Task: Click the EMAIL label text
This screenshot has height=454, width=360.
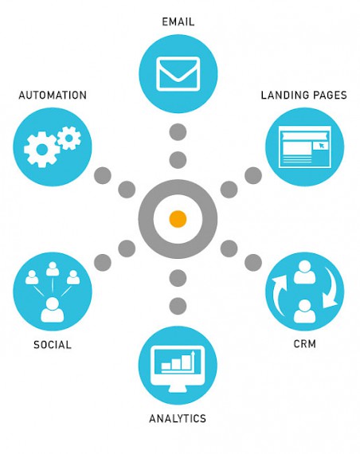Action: pos(178,22)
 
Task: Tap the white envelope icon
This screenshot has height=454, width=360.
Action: pos(178,74)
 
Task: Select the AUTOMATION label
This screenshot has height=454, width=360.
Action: pos(53,96)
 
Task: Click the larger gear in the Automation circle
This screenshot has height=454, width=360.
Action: pos(41,150)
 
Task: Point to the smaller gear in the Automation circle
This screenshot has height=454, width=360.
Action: pos(69,138)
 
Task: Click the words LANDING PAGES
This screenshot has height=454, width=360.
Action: pos(303,96)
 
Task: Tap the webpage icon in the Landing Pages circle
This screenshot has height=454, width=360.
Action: pos(305,147)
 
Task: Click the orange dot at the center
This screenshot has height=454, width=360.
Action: pos(178,219)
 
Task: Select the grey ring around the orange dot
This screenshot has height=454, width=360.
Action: pos(146,219)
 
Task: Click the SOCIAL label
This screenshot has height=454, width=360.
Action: pos(53,345)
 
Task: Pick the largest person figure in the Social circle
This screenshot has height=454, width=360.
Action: pos(53,310)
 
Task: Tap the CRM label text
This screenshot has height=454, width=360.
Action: pos(305,344)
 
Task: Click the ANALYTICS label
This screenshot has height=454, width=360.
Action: pos(178,419)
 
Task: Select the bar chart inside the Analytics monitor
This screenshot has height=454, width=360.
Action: pos(178,361)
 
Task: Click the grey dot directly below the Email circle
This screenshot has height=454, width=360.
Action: pos(178,132)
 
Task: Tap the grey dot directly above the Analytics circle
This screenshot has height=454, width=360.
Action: pos(178,306)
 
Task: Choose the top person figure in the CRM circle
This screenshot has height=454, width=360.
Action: pos(305,272)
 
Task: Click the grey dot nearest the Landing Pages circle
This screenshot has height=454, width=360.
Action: pos(253,175)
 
